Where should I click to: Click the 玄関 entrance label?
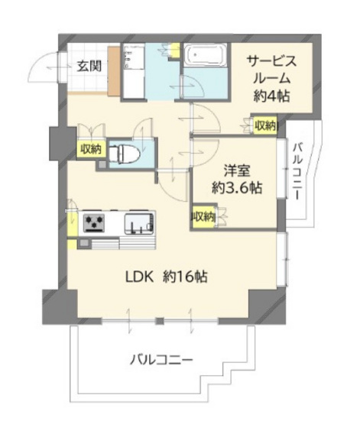pyautogui.click(x=89, y=66)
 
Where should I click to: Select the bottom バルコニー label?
pyautogui.click(x=161, y=358)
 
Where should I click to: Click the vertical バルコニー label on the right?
pyautogui.click(x=300, y=171)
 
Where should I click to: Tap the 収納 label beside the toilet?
pyautogui.click(x=90, y=150)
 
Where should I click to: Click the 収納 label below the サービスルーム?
pyautogui.click(x=264, y=126)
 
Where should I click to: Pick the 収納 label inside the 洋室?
pyautogui.click(x=203, y=217)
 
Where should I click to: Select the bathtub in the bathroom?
pyautogui.click(x=204, y=57)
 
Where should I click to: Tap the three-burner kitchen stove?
pyautogui.click(x=95, y=222)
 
